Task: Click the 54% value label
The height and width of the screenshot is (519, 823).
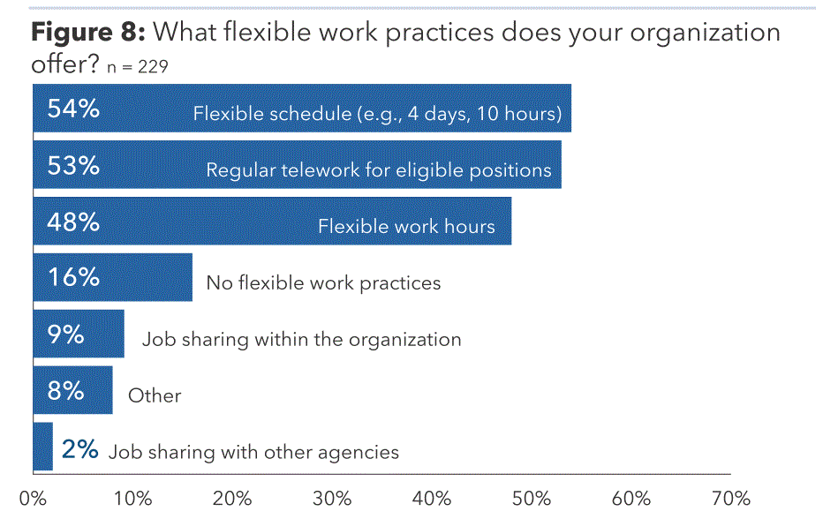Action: [73, 109]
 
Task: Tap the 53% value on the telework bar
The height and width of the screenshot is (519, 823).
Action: [73, 165]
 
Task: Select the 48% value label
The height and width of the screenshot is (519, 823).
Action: [73, 222]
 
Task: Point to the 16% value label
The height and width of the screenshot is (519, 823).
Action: [73, 276]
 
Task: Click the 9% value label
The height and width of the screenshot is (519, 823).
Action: [65, 334]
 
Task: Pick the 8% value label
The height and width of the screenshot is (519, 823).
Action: [65, 390]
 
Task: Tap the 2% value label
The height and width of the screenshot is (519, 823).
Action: [79, 449]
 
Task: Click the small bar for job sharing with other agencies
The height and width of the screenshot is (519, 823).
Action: [42, 447]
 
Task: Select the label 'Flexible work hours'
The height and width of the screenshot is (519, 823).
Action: [406, 226]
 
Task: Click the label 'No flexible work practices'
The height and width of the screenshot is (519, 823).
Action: [323, 282]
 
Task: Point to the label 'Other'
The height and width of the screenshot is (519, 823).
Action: [155, 395]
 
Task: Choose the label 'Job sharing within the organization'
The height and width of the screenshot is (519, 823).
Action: [301, 340]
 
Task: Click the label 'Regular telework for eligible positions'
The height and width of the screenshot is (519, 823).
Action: [379, 170]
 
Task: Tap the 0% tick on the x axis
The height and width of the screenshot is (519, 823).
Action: [33, 498]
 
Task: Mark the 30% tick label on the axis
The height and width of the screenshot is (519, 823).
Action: [332, 498]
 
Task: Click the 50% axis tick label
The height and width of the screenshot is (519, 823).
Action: [532, 498]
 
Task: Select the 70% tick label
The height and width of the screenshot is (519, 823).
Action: [730, 498]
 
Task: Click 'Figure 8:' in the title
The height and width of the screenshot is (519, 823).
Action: [88, 33]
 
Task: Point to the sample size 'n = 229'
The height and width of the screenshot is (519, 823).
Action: [138, 67]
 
